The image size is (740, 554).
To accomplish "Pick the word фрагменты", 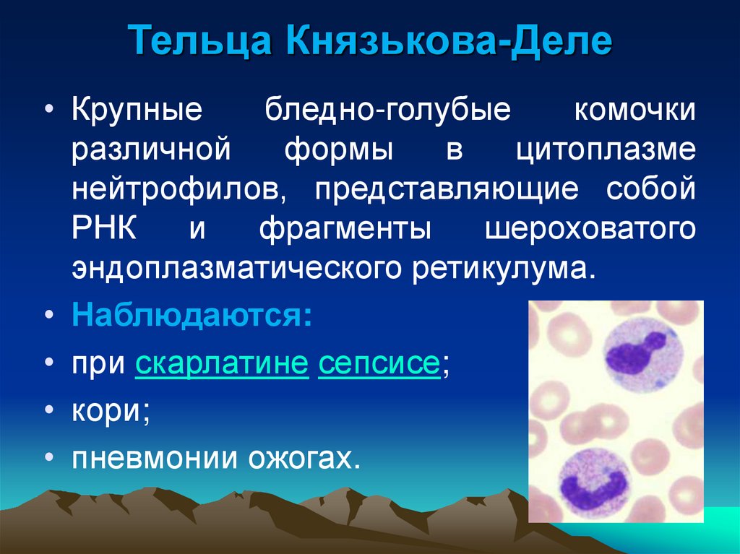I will point(345,229).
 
